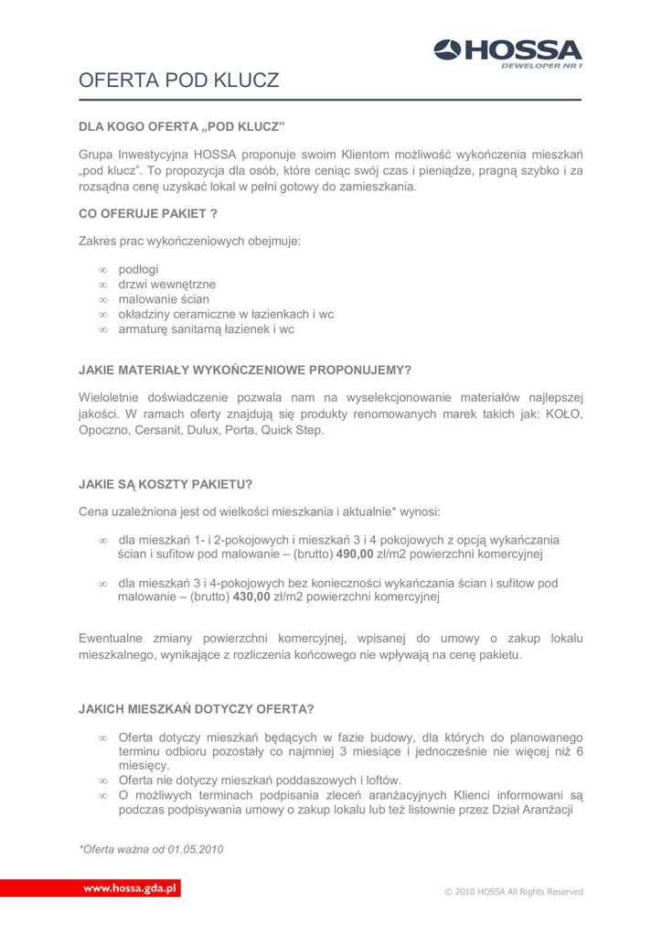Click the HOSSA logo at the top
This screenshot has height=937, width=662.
(x=507, y=49)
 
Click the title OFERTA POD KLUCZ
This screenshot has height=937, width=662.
(x=179, y=81)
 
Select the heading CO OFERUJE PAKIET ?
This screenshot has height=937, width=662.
(x=148, y=214)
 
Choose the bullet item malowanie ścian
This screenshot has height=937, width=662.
(x=164, y=298)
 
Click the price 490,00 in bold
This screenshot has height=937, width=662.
(x=356, y=554)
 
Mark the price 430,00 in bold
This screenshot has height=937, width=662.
(x=252, y=597)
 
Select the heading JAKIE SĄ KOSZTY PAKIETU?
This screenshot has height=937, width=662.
(x=165, y=483)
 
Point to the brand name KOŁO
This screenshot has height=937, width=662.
(x=564, y=414)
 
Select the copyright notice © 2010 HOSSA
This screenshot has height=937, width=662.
(x=512, y=891)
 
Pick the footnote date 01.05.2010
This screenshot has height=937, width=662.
(x=195, y=849)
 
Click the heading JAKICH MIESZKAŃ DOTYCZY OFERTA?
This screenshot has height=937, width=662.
(x=197, y=709)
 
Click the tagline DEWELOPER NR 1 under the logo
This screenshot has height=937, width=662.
(x=542, y=66)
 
